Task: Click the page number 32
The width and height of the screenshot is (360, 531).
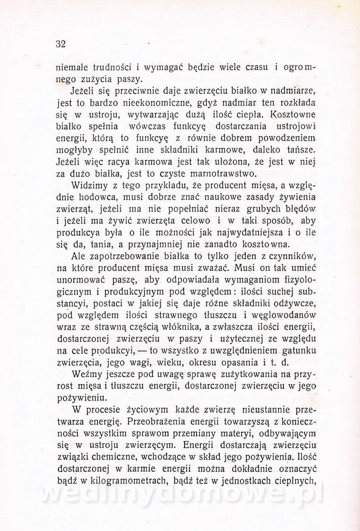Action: click(61, 44)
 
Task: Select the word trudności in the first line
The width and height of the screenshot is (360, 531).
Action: click(106, 68)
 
